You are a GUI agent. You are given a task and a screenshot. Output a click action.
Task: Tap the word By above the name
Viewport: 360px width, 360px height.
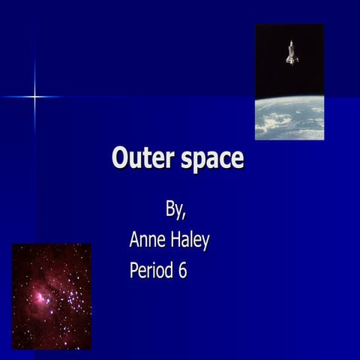(x=175, y=210)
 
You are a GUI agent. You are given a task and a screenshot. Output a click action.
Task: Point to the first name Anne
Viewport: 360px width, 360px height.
(x=148, y=240)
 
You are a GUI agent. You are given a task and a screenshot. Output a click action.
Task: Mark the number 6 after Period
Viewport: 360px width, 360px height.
(x=182, y=270)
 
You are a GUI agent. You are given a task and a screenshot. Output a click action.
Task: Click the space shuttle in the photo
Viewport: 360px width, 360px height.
(x=291, y=52)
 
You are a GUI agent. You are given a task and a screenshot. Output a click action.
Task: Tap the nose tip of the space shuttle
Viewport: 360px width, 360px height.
(x=291, y=43)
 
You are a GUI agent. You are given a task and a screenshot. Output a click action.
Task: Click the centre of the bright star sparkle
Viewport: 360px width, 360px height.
(x=34, y=96)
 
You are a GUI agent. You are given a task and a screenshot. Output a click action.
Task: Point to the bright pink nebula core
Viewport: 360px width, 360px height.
(x=37, y=298)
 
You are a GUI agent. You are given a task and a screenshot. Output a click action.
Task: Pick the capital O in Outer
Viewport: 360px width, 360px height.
(x=120, y=159)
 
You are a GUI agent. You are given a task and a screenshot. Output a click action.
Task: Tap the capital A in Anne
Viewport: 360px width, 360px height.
(x=135, y=240)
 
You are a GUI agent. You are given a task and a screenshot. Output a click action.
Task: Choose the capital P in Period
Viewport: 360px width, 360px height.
(x=135, y=270)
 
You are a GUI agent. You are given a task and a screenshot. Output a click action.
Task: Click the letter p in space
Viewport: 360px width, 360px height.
(x=199, y=162)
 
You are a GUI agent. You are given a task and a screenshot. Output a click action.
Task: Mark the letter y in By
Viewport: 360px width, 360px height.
(x=178, y=212)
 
